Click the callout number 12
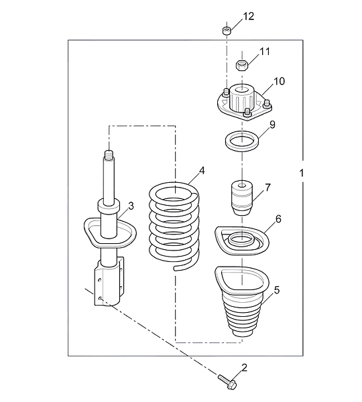[248, 16]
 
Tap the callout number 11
[265, 52]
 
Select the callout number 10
[279, 81]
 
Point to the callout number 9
[272, 125]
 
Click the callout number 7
[268, 188]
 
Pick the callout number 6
[278, 219]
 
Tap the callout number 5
[277, 290]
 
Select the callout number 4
[202, 170]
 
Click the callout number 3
[131, 206]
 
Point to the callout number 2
[244, 368]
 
